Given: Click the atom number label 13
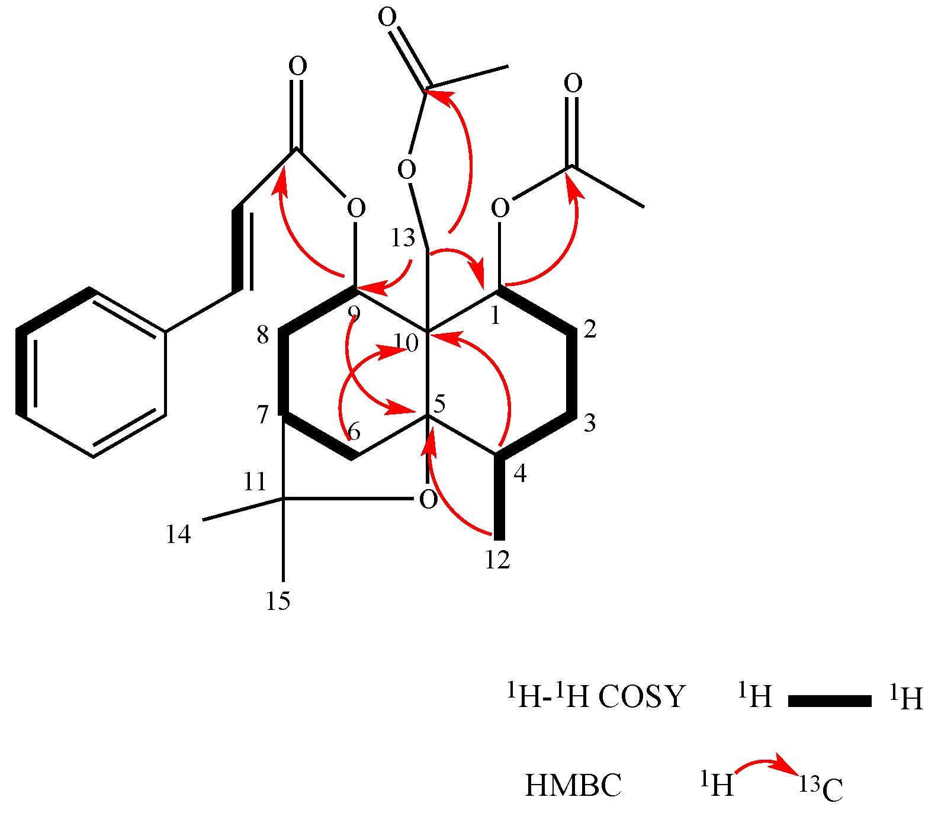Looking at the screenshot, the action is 403,239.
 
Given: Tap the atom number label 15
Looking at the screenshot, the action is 278,601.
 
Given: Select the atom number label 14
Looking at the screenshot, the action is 178,535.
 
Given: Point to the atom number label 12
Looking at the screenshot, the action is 497,560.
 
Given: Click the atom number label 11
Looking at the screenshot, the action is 255,482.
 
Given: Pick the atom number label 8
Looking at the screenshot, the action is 263,335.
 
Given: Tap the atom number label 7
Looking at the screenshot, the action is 263,415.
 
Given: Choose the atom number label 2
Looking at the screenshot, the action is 590,329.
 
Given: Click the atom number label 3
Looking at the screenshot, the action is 590,423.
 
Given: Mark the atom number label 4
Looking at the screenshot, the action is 520,474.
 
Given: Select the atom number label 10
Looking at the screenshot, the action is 407,343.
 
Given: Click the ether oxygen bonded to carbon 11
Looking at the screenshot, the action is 428,500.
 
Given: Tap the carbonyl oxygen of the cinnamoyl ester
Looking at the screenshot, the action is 298,66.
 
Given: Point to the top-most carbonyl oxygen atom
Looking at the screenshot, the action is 387,18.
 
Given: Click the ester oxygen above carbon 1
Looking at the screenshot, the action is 500,208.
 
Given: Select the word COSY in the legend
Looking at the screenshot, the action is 641,697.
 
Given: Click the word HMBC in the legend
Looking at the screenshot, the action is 573,786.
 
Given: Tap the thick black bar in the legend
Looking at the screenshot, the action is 829,701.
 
